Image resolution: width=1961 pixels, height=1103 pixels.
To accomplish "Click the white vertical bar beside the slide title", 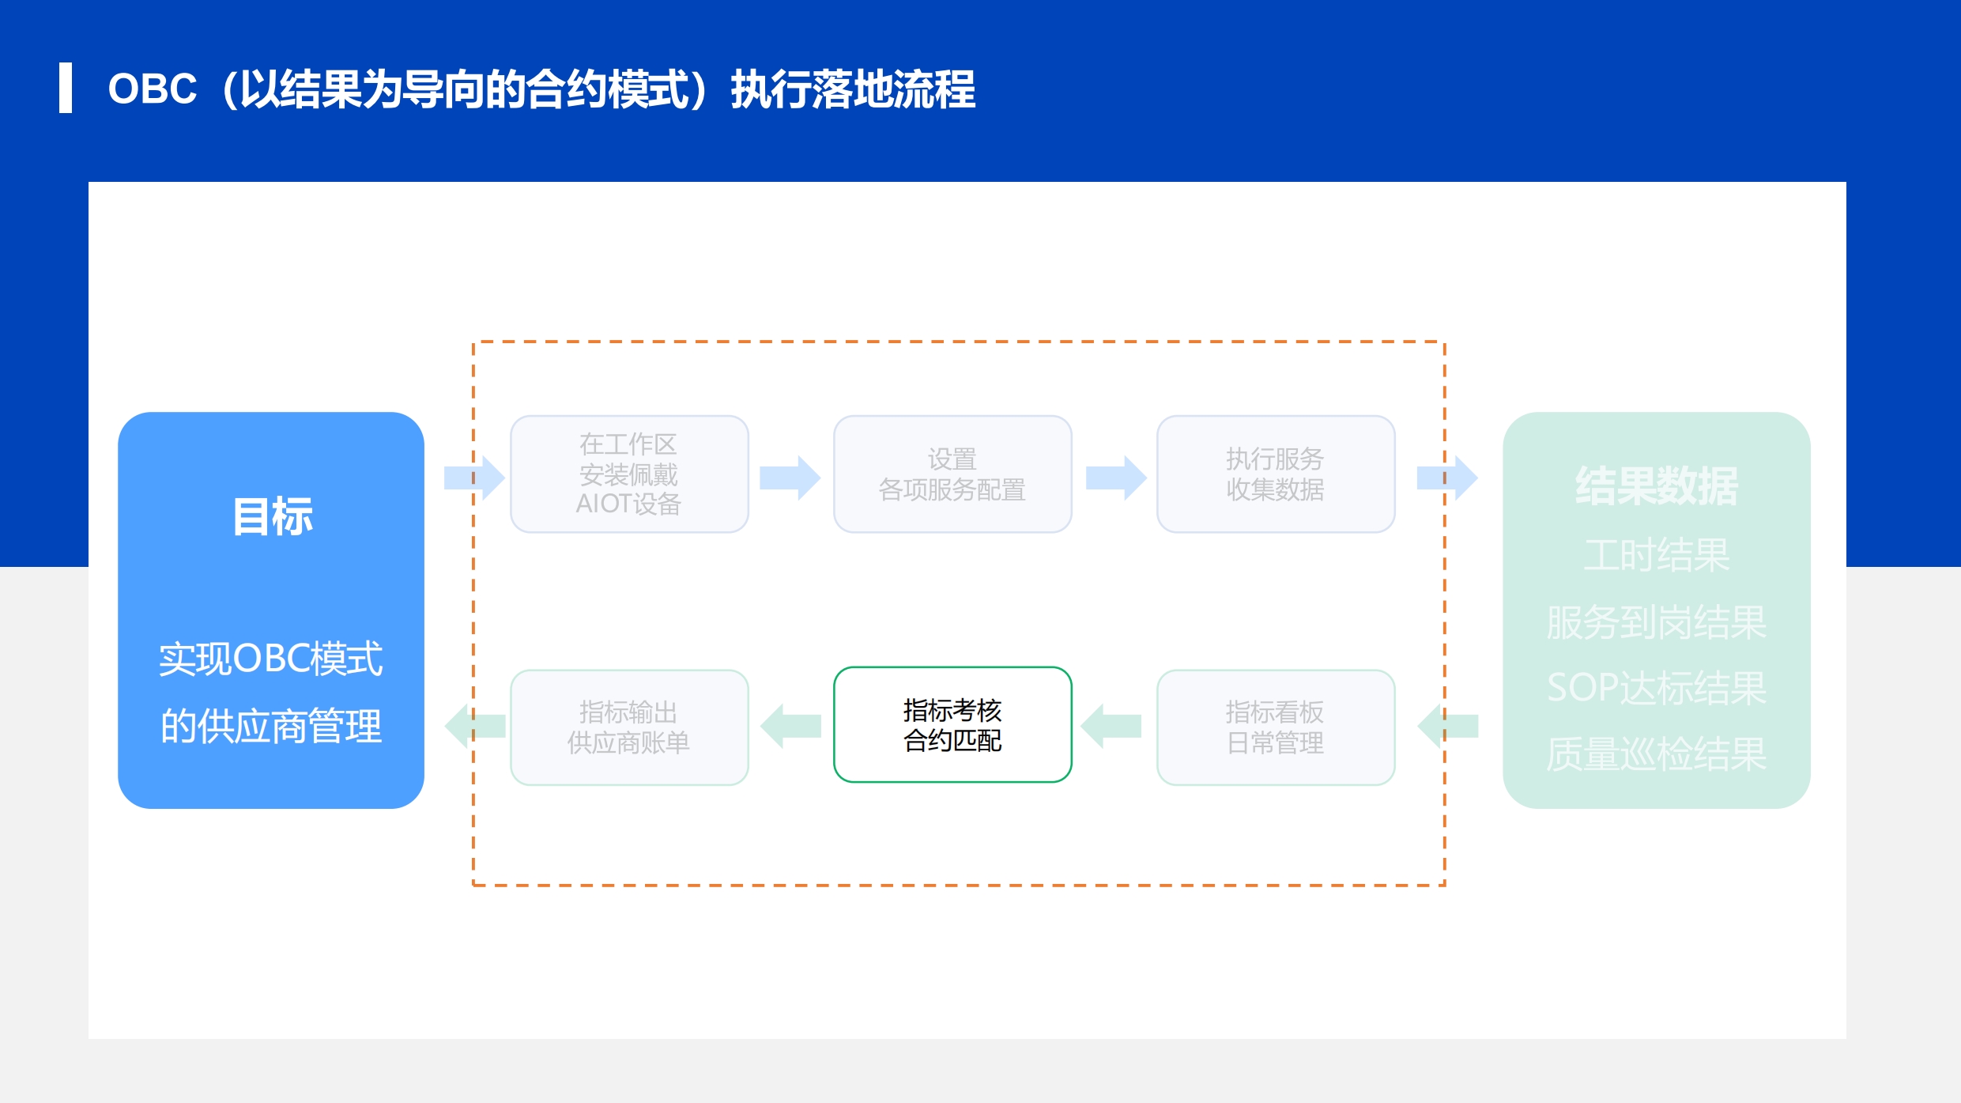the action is click(x=66, y=88).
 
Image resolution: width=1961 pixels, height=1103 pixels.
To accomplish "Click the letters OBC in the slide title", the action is click(x=153, y=89).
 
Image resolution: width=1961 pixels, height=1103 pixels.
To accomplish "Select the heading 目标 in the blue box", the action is click(x=273, y=517).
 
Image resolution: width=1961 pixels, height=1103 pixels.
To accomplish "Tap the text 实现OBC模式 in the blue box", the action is click(x=271, y=659).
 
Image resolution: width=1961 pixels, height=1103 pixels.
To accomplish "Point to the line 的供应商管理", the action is click(x=271, y=726).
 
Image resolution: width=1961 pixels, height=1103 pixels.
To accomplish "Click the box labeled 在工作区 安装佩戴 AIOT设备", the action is click(x=629, y=474).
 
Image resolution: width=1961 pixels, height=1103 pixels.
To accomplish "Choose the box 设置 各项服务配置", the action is click(x=952, y=474).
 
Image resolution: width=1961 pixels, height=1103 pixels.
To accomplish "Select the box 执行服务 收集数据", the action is click(x=1276, y=474).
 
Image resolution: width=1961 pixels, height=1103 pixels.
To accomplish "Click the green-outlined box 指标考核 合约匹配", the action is click(x=952, y=725).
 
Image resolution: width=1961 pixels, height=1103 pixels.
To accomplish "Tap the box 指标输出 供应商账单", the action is click(x=629, y=727).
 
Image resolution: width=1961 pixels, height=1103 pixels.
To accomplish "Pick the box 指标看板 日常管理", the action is click(x=1276, y=727).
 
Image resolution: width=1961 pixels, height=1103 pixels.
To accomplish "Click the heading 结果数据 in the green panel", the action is click(x=1657, y=485).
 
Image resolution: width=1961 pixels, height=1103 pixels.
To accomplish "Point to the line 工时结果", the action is click(x=1657, y=555).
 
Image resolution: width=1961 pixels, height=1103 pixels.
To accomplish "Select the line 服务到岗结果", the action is click(x=1657, y=622).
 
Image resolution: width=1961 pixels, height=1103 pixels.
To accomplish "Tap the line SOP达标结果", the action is click(x=1657, y=688).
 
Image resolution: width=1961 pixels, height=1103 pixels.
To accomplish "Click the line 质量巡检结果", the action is click(x=1657, y=754).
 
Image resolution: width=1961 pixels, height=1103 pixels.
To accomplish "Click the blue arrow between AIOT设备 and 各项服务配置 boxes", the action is click(x=790, y=478).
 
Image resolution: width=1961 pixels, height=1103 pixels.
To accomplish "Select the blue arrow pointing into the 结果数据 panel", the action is click(x=1447, y=478).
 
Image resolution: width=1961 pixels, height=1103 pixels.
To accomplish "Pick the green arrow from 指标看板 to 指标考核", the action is click(x=1111, y=726).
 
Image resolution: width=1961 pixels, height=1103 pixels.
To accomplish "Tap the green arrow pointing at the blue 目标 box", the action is click(x=475, y=726).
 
